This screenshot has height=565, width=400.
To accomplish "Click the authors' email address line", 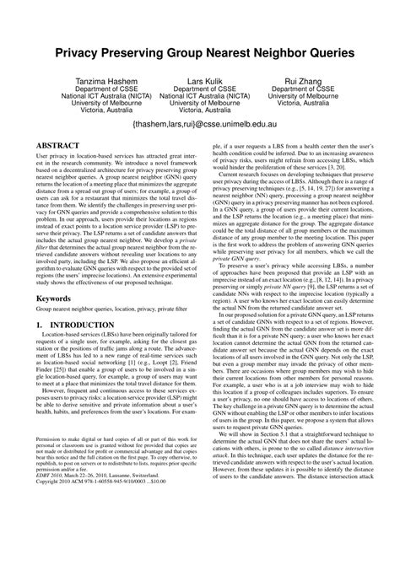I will (x=201, y=123).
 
